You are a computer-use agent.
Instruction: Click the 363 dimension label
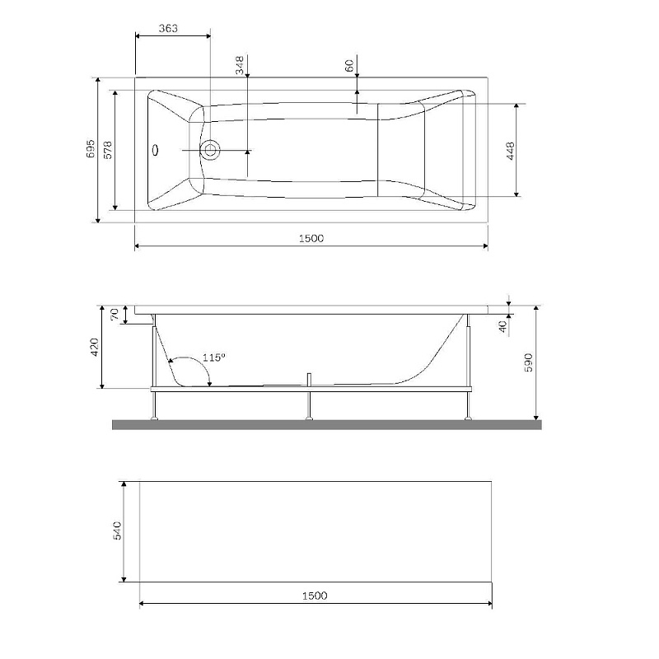coord(168,29)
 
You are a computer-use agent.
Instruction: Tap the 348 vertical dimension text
coord(240,66)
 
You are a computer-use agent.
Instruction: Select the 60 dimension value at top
coord(349,65)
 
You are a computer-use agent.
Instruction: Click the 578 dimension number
coord(108,149)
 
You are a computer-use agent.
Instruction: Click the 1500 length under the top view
coord(311,237)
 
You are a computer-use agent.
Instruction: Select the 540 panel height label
coord(118,530)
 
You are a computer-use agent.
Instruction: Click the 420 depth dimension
coord(95,348)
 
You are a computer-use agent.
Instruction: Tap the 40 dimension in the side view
coord(502,325)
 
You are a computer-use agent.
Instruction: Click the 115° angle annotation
coord(213,358)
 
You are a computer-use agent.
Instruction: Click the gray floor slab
coord(327,424)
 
